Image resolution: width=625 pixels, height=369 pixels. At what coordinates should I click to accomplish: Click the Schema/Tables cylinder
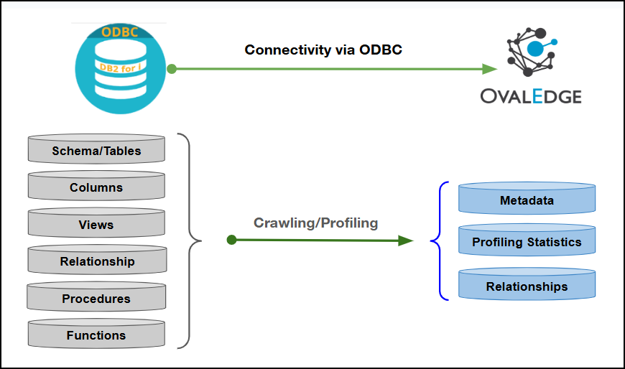pyautogui.click(x=96, y=150)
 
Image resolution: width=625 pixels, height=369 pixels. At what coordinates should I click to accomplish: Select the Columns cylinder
pyautogui.click(x=96, y=187)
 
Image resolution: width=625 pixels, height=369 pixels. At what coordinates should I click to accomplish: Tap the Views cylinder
pyautogui.click(x=96, y=225)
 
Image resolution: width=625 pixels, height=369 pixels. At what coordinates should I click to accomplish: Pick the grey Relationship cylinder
pyautogui.click(x=96, y=261)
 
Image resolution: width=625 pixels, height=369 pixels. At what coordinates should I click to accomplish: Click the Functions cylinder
pyautogui.click(x=96, y=335)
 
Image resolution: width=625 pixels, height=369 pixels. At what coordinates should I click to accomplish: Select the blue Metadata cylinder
pyautogui.click(x=527, y=200)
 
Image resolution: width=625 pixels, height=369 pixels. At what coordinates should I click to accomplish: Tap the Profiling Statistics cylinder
pyautogui.click(x=527, y=242)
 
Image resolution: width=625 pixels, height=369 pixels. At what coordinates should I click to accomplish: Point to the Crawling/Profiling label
pyautogui.click(x=315, y=223)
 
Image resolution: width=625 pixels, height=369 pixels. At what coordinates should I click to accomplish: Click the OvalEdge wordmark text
pyautogui.click(x=532, y=95)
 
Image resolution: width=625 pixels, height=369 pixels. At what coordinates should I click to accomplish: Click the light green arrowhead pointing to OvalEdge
pyautogui.click(x=490, y=69)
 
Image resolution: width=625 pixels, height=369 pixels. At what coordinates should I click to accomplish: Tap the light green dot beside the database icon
pyautogui.click(x=172, y=69)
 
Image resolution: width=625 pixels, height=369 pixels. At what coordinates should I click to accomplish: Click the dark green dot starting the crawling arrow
pyautogui.click(x=231, y=240)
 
